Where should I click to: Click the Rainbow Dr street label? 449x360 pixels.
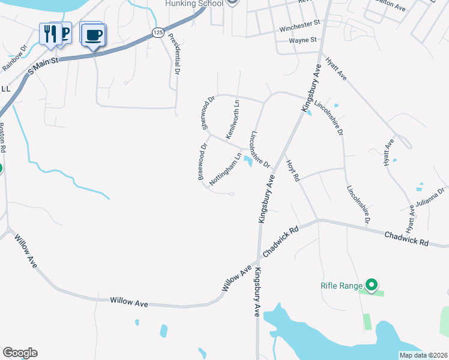click(x=15, y=56)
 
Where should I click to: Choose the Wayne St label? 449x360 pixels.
click(x=303, y=40)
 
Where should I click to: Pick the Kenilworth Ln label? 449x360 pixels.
click(x=232, y=117)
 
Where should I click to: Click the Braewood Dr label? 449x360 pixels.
click(x=203, y=161)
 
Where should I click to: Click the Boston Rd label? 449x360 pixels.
click(x=2, y=137)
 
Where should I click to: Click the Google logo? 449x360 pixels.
click(x=20, y=353)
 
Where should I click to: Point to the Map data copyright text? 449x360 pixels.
click(x=423, y=355)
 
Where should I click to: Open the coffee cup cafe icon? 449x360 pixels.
click(x=93, y=35)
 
